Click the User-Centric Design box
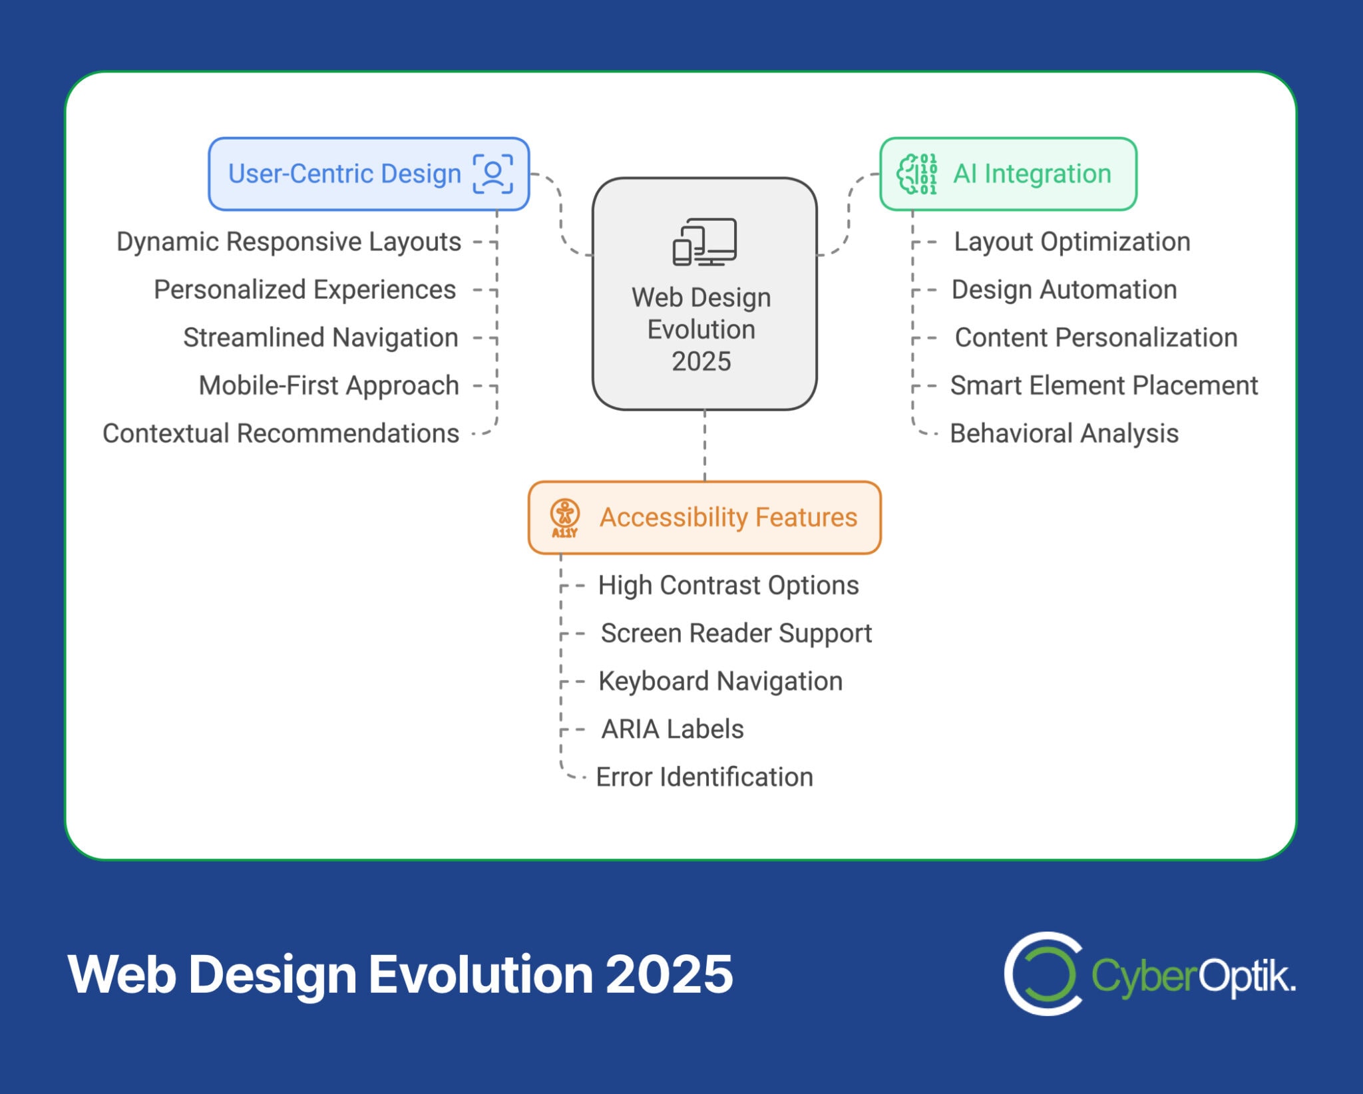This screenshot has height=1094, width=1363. (368, 174)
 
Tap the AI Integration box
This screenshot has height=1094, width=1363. (1008, 174)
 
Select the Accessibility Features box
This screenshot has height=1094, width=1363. (704, 518)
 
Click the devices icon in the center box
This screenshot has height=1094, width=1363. (704, 242)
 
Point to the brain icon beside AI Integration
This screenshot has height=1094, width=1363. (917, 174)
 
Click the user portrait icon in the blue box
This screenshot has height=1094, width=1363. (492, 174)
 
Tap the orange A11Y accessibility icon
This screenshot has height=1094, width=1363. (564, 518)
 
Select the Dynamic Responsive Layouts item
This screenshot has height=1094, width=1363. (288, 242)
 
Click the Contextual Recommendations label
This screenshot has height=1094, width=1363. (280, 433)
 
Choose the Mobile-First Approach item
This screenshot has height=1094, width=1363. (329, 385)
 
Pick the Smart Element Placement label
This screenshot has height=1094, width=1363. (1103, 385)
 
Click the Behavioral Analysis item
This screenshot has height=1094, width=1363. (1064, 433)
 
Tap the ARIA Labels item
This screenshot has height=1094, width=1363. (672, 729)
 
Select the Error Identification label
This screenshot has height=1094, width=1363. (704, 777)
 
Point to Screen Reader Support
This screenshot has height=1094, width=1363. (735, 633)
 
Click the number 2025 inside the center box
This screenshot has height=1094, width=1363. (701, 361)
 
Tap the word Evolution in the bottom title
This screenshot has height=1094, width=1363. (481, 974)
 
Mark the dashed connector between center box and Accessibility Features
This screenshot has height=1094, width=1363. (704, 445)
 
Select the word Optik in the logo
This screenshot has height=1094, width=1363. (1246, 976)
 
